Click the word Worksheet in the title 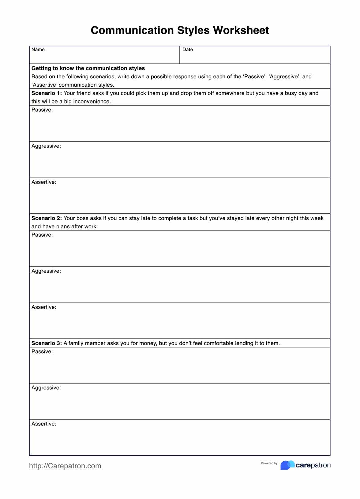pyautogui.click(x=241, y=30)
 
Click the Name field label pyautogui.click(x=38, y=50)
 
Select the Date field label pyautogui.click(x=188, y=50)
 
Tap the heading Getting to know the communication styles pyautogui.click(x=88, y=68)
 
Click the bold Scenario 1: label pyautogui.click(x=47, y=93)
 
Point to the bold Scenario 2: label pyautogui.click(x=47, y=218)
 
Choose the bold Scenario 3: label pyautogui.click(x=47, y=343)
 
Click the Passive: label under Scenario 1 pyautogui.click(x=42, y=110)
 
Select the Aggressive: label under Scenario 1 pyautogui.click(x=46, y=146)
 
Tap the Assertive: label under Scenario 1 pyautogui.click(x=44, y=182)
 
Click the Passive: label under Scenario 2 pyautogui.click(x=42, y=235)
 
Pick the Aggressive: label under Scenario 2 pyautogui.click(x=46, y=271)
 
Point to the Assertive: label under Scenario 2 pyautogui.click(x=44, y=307)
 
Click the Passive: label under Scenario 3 pyautogui.click(x=42, y=352)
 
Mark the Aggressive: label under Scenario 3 pyautogui.click(x=46, y=388)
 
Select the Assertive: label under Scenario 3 pyautogui.click(x=44, y=424)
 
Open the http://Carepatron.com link pyautogui.click(x=65, y=466)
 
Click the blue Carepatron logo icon pyautogui.click(x=287, y=465)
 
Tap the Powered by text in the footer pyautogui.click(x=269, y=463)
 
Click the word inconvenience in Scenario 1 pyautogui.click(x=92, y=102)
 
